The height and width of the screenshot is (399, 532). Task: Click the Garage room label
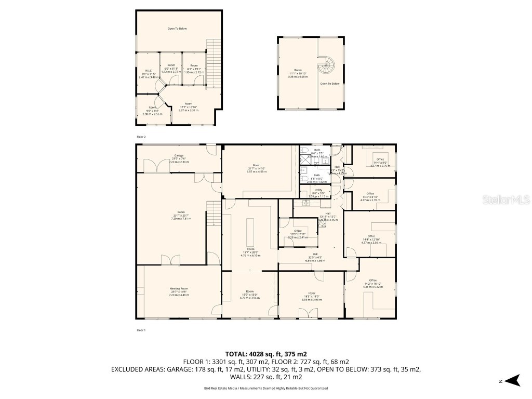[179, 158]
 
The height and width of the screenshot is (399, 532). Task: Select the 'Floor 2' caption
[141, 136]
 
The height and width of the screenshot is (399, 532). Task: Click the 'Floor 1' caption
[141, 330]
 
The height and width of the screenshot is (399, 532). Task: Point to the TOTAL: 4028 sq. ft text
[265, 354]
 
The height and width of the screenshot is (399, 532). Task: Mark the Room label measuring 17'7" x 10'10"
[189, 108]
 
